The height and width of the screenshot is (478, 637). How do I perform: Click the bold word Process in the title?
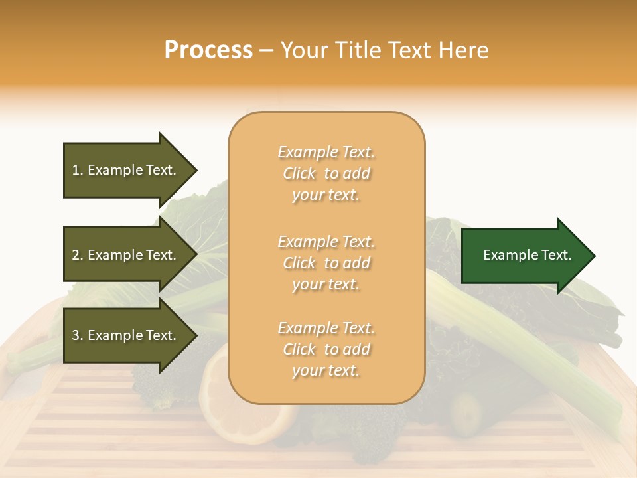click(x=208, y=50)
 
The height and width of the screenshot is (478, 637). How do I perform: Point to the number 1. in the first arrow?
click(x=78, y=171)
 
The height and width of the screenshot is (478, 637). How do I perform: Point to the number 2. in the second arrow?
click(x=78, y=256)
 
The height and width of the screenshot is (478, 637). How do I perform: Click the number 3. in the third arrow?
click(x=78, y=336)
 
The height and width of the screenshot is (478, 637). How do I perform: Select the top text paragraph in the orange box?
click(x=326, y=173)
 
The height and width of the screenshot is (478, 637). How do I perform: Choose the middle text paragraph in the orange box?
click(x=326, y=263)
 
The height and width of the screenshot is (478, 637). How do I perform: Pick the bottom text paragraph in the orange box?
click(x=326, y=349)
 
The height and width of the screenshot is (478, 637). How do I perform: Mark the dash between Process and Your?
click(x=267, y=50)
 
